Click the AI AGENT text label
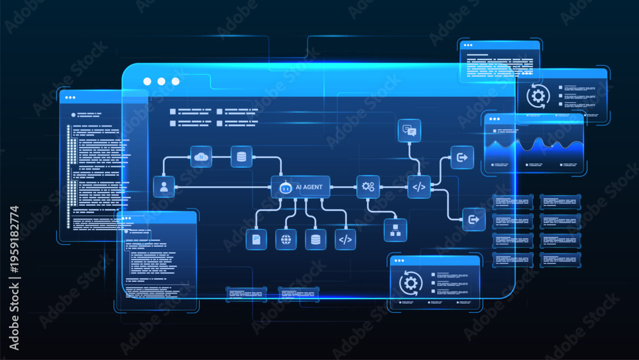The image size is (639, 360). coord(309,187)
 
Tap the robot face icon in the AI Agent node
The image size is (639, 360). coord(286,187)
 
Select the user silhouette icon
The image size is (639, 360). coord(164,187)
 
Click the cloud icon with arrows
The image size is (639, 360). coord(201,157)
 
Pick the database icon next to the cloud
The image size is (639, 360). coord(242,157)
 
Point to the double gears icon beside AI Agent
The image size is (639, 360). coord(368,187)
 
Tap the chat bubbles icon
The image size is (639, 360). coord(409,130)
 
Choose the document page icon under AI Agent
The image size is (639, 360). coord(256,239)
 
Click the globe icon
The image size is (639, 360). coord(286,239)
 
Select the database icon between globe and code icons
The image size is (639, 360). coord(316,239)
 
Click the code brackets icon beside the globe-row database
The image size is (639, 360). coord(345,239)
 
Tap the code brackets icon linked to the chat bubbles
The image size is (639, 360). coord(419,187)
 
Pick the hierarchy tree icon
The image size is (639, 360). coord(396,230)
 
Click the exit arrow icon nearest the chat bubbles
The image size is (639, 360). coord(462,157)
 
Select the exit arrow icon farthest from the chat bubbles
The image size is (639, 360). coord(473,220)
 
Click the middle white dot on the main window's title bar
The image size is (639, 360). coord(162,82)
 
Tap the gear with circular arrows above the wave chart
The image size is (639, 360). coord(538,96)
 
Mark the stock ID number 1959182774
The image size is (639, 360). coord(14,239)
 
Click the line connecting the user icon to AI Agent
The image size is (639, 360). coord(222,187)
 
